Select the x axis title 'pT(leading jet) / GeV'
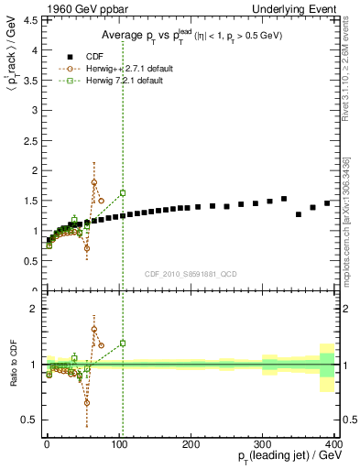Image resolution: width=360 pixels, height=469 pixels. tap(284, 457)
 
